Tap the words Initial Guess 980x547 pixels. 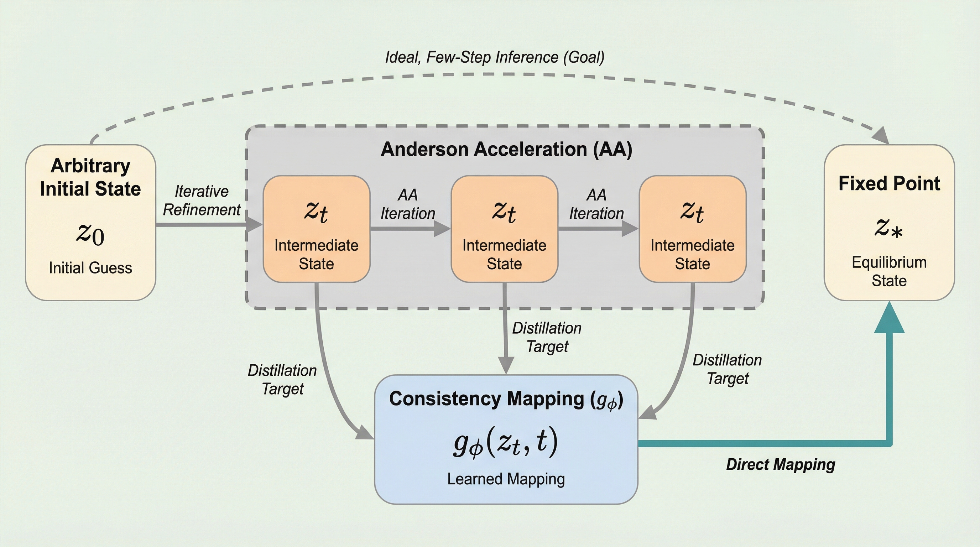coord(90,268)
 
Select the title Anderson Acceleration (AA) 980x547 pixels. coord(506,149)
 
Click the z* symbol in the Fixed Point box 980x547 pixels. coord(888,228)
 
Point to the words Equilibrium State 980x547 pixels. coord(889,271)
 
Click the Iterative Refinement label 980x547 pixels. coord(201,200)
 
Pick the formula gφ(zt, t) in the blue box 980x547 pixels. coord(506,442)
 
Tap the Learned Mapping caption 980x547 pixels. coord(506,479)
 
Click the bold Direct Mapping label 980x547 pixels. coord(780,464)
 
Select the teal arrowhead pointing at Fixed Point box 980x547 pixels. coord(889,319)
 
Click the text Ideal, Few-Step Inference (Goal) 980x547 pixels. coord(495,57)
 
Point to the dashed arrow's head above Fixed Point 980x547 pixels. coord(882,136)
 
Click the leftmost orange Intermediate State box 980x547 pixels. coord(316,229)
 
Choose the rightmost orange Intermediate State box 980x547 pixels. coord(692,229)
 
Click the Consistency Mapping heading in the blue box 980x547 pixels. coord(506,399)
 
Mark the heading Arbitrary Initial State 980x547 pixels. coord(90,177)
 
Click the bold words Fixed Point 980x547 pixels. coord(889,183)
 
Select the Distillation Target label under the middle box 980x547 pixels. coord(547,337)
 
